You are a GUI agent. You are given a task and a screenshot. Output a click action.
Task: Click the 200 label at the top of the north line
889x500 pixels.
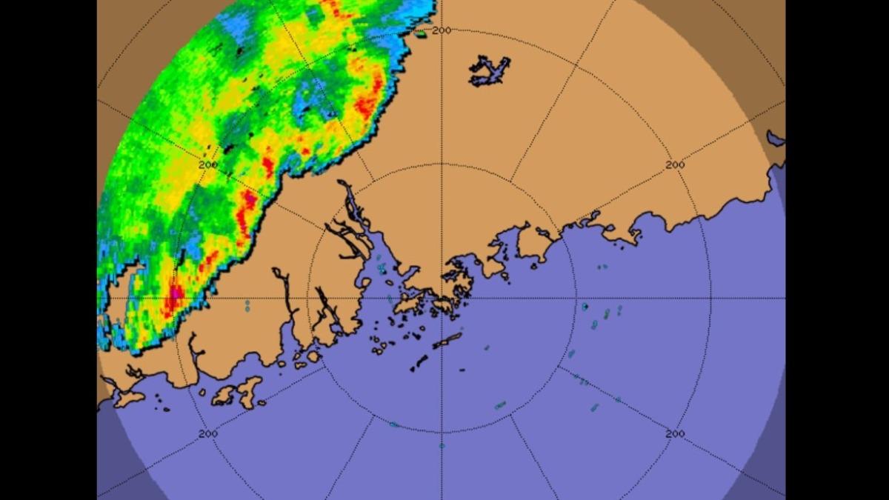[442, 30]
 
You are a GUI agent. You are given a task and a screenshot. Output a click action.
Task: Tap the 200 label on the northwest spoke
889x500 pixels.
[208, 164]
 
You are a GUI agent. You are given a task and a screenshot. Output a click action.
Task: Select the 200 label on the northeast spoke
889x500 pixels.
[674, 164]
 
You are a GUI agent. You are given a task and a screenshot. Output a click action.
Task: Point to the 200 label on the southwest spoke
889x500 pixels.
[208, 433]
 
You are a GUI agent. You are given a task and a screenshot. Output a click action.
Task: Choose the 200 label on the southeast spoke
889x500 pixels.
[674, 433]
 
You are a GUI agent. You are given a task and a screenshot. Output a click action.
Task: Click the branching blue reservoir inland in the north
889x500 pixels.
[490, 70]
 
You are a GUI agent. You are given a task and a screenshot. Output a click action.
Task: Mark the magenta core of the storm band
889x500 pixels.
[175, 295]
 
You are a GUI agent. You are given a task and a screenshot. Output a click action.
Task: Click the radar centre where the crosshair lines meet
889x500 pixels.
[442, 299]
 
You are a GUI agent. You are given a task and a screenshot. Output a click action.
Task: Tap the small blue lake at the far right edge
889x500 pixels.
[775, 138]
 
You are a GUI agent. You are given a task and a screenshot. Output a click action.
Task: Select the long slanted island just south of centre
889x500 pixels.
[447, 340]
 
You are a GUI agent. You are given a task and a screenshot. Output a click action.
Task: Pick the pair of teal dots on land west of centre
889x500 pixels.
[247, 305]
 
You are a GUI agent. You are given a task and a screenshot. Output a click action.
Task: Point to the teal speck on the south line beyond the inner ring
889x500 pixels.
[442, 445]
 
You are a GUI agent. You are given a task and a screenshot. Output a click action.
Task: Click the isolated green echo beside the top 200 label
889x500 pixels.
[421, 33]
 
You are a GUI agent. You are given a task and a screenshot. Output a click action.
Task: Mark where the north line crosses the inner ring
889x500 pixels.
[442, 164]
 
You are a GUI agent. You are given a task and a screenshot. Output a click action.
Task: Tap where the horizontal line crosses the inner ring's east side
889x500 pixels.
[576, 299]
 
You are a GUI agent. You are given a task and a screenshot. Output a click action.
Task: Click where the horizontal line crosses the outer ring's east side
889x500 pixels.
[711, 299]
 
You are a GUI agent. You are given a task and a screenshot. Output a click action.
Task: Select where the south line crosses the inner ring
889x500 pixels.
[442, 433]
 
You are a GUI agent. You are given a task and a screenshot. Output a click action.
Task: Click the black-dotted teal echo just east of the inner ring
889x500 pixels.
[585, 306]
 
